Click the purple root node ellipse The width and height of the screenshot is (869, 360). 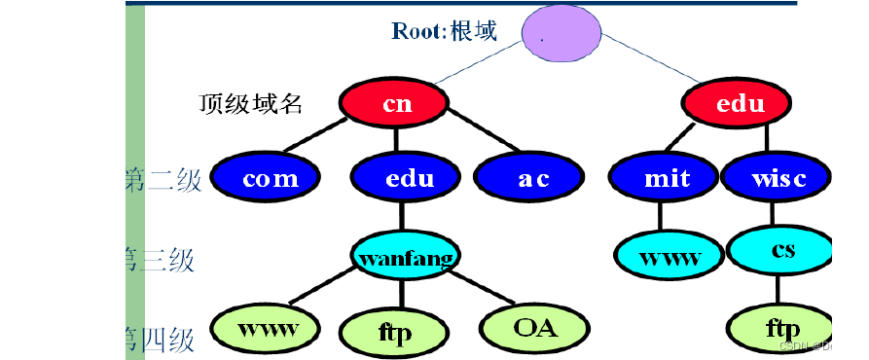click(561, 37)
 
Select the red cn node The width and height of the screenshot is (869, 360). click(396, 104)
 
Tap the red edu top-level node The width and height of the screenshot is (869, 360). click(740, 104)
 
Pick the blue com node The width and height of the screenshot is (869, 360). click(270, 179)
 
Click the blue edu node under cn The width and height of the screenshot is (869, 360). click(408, 179)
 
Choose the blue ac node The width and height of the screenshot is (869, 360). click(532, 179)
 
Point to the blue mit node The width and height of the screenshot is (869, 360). click(666, 179)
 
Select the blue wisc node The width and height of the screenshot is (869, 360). click(777, 179)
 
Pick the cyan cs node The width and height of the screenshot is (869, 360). click(781, 250)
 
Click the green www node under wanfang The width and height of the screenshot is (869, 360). click(267, 328)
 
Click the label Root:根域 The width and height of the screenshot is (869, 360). click(444, 31)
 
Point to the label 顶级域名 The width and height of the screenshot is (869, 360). click(251, 104)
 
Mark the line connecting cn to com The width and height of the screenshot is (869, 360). click(322, 137)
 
